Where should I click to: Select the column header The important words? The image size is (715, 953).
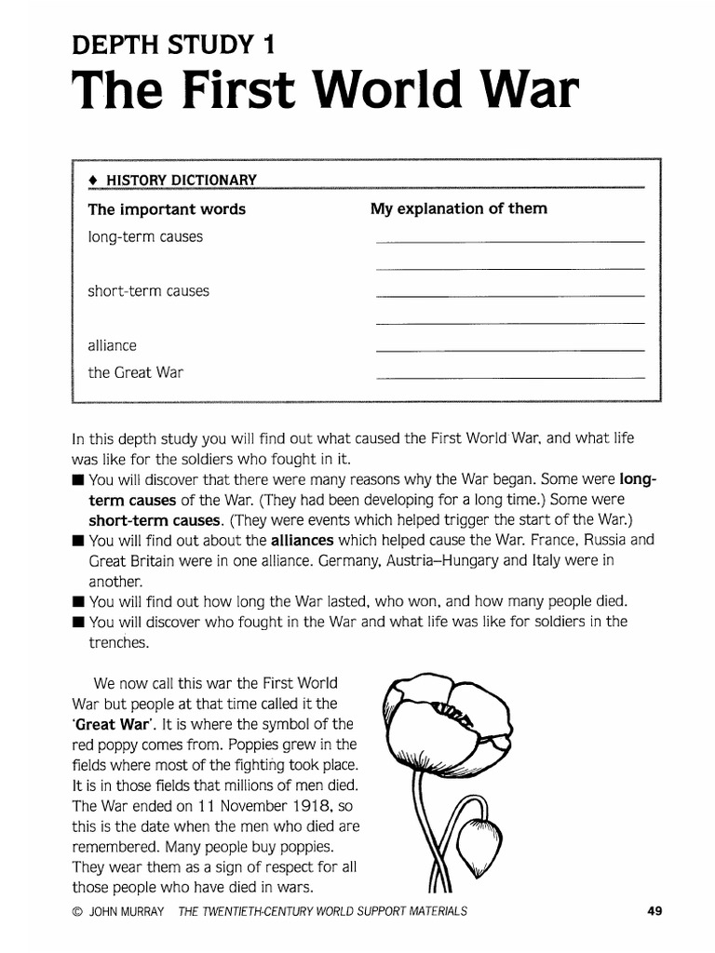(167, 209)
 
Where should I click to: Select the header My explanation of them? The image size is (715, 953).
(459, 209)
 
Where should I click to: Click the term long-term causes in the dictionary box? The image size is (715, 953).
(145, 237)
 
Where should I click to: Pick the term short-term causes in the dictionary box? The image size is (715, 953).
(149, 291)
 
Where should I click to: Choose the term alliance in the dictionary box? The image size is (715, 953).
(113, 345)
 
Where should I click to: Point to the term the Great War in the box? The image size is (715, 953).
(136, 373)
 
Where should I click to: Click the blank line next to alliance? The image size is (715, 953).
(509, 350)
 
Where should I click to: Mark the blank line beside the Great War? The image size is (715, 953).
(509, 378)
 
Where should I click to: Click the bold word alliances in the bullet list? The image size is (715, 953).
(302, 540)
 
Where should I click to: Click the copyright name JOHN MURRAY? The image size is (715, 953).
(125, 912)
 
